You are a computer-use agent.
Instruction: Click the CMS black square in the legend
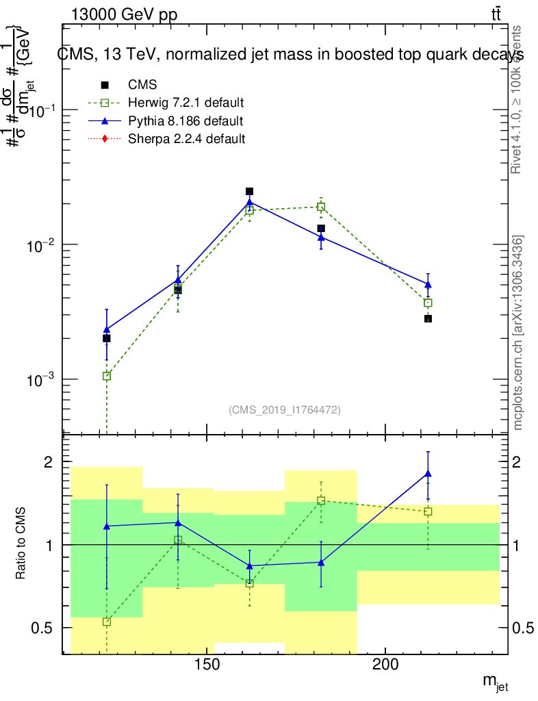(105, 85)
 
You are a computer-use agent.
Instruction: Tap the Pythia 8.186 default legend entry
(185, 121)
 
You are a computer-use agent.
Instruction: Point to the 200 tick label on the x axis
(385, 665)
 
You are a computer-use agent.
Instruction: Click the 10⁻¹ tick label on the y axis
(43, 111)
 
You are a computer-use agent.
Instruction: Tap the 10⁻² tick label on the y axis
(43, 245)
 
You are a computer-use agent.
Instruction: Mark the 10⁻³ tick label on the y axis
(43, 380)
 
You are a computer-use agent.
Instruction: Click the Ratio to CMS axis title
(21, 544)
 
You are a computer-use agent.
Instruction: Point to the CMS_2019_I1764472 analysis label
(285, 409)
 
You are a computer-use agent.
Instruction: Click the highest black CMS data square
(250, 192)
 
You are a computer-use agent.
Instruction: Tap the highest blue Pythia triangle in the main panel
(250, 202)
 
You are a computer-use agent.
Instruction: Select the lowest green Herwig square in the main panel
(106, 376)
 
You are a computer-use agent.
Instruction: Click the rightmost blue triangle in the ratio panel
(428, 473)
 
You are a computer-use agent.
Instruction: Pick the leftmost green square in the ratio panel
(106, 622)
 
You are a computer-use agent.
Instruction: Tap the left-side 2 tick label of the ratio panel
(49, 462)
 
